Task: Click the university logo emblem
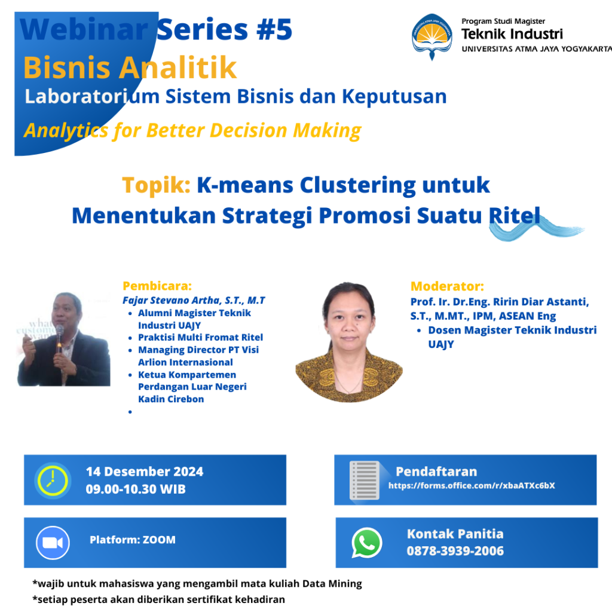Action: click(432, 36)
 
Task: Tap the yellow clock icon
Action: click(53, 481)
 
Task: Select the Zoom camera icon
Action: click(53, 543)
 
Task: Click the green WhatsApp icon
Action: click(366, 543)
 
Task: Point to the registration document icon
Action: click(365, 481)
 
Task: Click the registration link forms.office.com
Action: click(472, 485)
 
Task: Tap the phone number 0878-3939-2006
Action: click(455, 550)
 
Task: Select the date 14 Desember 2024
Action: click(145, 472)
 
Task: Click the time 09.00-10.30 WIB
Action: click(136, 489)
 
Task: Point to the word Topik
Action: click(156, 185)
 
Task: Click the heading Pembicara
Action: click(157, 286)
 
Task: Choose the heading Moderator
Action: click(447, 286)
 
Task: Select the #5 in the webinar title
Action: click(274, 30)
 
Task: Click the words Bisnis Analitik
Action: click(130, 68)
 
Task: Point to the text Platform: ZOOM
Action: click(133, 540)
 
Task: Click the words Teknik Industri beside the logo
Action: click(512, 34)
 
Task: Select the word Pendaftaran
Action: click(436, 472)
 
